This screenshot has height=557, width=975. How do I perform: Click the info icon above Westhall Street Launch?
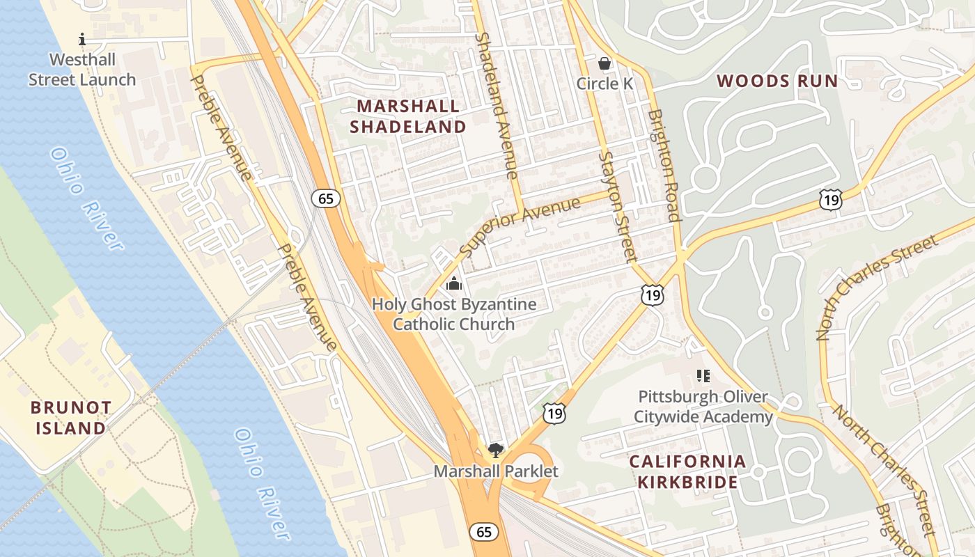pos(82,39)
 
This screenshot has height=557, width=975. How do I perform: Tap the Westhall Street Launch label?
pos(82,70)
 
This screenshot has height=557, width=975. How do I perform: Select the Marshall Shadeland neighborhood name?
pos(408,116)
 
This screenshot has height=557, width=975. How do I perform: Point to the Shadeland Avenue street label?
pos(497,104)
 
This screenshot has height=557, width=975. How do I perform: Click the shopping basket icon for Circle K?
pos(604,63)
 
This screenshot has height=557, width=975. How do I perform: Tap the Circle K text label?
pos(604,84)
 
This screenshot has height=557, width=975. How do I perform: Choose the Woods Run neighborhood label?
pos(777,81)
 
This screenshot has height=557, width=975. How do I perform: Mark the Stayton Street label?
pos(618,205)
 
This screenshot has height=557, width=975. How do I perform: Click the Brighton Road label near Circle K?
pos(663,166)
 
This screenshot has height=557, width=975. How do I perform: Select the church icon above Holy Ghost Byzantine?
pos(454,283)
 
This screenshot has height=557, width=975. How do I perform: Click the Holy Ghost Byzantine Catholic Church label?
pos(454,314)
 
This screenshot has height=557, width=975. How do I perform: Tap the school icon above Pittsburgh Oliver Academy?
pos(703,376)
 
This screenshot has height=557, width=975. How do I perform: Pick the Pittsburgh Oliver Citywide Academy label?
pos(705,407)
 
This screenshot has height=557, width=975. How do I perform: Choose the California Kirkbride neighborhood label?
pos(687,471)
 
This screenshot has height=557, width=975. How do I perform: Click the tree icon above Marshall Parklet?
pos(495,450)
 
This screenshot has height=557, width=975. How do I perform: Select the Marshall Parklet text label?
pos(496,471)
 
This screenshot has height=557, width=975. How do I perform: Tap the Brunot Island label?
pos(72,417)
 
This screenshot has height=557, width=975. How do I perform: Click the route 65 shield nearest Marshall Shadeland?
pos(326,198)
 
